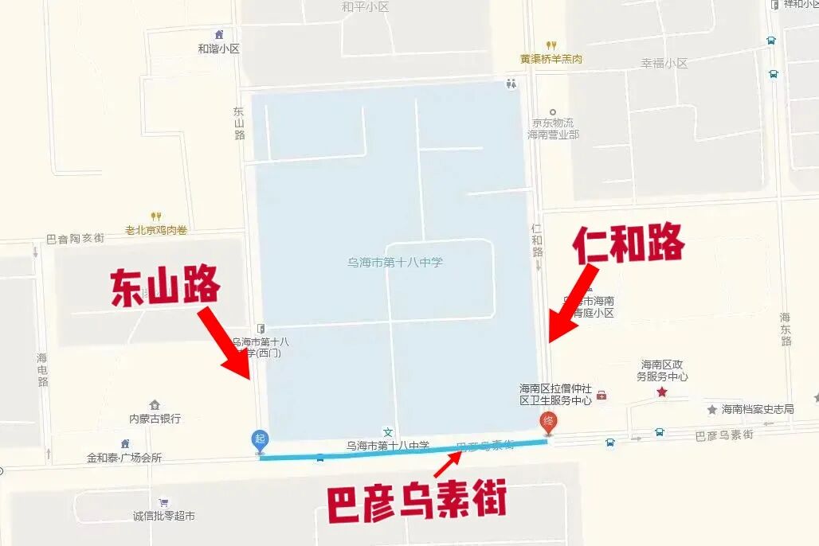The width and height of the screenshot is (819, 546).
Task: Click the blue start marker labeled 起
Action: [x=260, y=439]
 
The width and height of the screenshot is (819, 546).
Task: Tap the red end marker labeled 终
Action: [x=548, y=422]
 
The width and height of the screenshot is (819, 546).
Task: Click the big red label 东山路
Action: [x=165, y=287]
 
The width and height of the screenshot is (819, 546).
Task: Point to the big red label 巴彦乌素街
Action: [x=416, y=502]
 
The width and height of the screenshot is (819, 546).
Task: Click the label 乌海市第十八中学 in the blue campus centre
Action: [x=395, y=262]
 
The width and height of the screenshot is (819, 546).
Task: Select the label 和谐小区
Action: [x=218, y=49]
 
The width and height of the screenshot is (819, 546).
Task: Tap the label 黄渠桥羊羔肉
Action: [x=551, y=59]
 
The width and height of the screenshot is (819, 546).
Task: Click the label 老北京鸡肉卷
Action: [x=156, y=230]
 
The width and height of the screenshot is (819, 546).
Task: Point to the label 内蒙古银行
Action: [x=155, y=418]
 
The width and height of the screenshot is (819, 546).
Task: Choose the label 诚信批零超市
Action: [x=164, y=516]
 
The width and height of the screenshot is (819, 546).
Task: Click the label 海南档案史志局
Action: [x=757, y=409]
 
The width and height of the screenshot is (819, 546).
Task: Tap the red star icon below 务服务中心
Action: [x=661, y=392]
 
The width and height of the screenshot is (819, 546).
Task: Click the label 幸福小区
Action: [x=664, y=63]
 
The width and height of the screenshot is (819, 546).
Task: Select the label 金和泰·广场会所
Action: [x=124, y=458]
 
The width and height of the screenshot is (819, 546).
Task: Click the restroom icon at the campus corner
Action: [x=511, y=83]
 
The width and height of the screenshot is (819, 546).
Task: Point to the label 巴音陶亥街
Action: [x=75, y=238]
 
